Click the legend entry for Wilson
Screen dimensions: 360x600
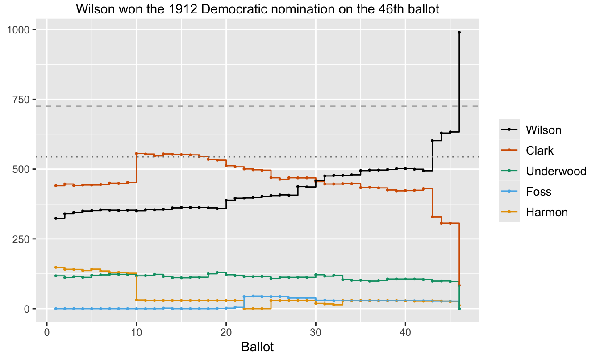543,130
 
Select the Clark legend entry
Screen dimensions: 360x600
539,151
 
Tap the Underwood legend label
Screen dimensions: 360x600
556,171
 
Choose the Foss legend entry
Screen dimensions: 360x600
538,192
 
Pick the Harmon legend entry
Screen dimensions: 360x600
546,212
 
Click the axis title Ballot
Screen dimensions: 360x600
257,347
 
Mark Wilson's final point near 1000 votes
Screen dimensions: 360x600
459,32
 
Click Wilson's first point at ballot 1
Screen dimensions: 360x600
56,218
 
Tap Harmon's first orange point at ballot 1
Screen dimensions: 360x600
56,267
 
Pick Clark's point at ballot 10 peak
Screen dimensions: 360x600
136,153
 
